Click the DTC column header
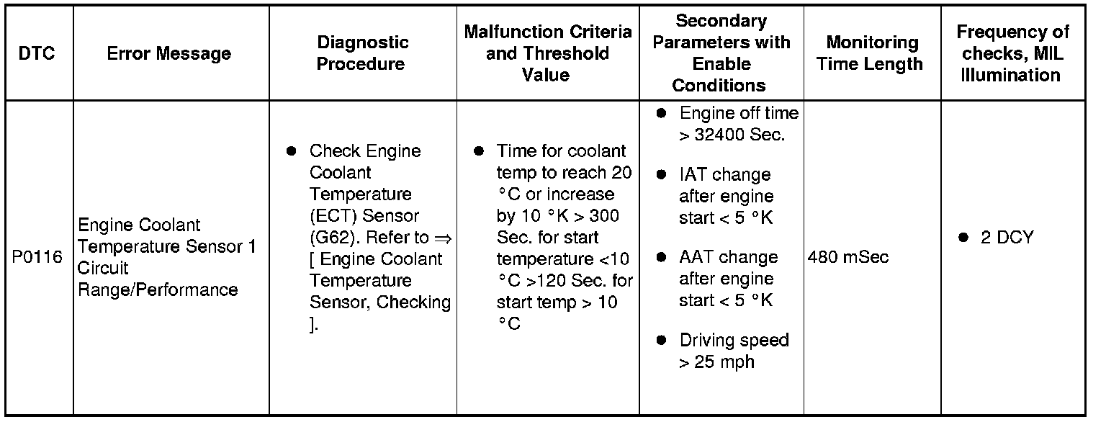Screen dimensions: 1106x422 (37, 53)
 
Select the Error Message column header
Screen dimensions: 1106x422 (169, 53)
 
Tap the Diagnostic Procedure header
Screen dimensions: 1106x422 (362, 53)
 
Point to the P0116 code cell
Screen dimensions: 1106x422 (37, 256)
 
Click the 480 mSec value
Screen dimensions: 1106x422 (848, 256)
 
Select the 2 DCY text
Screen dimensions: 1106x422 (1007, 238)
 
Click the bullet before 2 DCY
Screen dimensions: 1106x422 (963, 238)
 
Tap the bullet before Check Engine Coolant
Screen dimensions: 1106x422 (292, 151)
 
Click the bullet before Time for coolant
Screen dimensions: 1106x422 (478, 151)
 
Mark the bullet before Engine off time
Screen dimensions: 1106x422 (662, 114)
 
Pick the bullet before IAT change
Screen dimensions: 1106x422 (662, 175)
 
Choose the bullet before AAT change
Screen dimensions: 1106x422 (662, 257)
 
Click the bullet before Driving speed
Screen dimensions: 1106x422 (662, 340)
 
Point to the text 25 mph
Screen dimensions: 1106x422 (724, 362)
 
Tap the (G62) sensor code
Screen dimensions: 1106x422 (331, 238)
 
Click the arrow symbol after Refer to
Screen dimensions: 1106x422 (443, 238)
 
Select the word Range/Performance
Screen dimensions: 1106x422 (158, 289)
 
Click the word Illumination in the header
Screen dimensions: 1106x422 (1011, 75)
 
